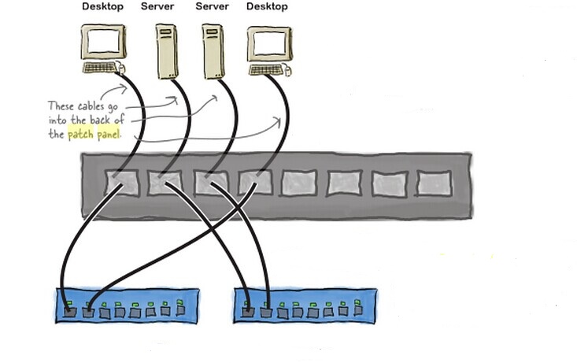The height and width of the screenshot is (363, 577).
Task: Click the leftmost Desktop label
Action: point(102,7)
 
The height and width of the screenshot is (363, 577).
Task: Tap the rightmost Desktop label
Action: point(267,7)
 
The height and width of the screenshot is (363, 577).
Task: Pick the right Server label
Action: point(212,7)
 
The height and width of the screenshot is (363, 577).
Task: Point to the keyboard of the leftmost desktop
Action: point(102,68)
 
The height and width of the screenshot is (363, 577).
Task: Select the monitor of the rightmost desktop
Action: point(267,44)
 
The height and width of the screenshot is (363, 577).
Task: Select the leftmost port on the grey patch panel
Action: point(122,183)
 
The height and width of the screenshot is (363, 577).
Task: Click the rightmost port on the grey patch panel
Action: point(434,183)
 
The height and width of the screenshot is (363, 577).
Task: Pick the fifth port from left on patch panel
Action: point(300,183)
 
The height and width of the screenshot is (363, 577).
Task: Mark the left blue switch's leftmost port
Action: point(71,312)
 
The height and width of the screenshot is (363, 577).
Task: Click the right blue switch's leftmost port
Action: point(249,312)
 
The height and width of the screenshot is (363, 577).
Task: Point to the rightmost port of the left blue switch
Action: point(181,309)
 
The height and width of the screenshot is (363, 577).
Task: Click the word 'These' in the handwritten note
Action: point(61,106)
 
